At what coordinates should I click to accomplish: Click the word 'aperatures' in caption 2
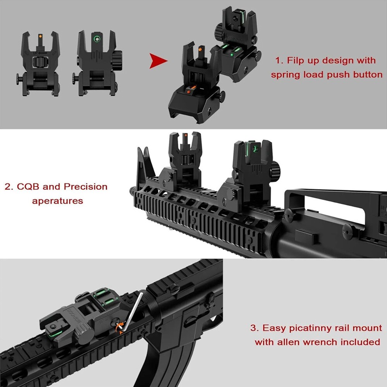click(x=58, y=201)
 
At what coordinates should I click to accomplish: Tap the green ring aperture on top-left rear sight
click(x=96, y=39)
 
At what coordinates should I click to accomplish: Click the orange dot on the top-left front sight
click(x=40, y=37)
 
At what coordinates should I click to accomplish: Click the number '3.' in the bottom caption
click(x=254, y=328)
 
